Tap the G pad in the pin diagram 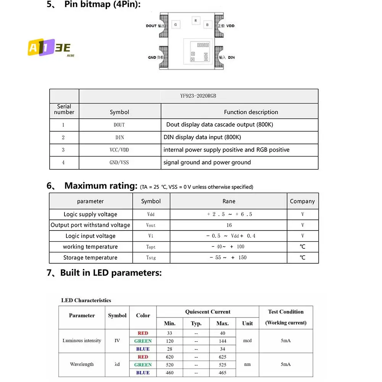176,25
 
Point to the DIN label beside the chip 231,57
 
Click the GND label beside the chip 152,57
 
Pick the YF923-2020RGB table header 198,96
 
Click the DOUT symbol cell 119,125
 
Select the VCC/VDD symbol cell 119,150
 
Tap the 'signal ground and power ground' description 207,163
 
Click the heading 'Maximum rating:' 101,186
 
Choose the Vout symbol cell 151,225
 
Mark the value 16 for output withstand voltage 229,225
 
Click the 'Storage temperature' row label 90,258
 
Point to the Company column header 302,201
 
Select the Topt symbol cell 151,247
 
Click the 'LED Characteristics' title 86,300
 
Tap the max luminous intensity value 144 222,341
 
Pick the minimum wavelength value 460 169,372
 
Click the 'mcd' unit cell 247,341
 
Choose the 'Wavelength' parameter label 82,364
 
